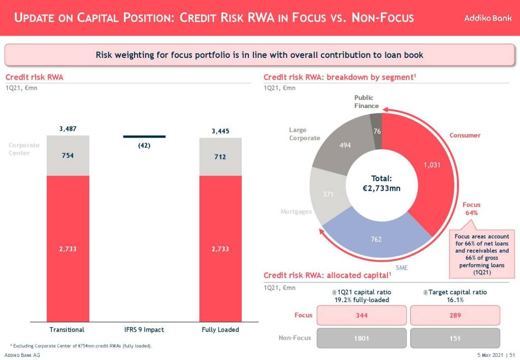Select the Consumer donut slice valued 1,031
point(427,168)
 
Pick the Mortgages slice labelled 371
point(328,194)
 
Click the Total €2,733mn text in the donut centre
point(382,183)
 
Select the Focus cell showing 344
point(362,315)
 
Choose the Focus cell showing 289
point(455,315)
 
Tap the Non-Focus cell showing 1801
point(362,338)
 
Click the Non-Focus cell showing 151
point(455,338)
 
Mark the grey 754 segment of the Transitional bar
point(68,155)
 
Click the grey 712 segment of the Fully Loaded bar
point(220,157)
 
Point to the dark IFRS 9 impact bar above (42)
point(144,136)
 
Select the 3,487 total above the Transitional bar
point(68,129)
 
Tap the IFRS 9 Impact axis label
point(144,330)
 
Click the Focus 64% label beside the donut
point(471,209)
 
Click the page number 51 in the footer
point(513,355)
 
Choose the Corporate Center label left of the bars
point(20,149)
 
